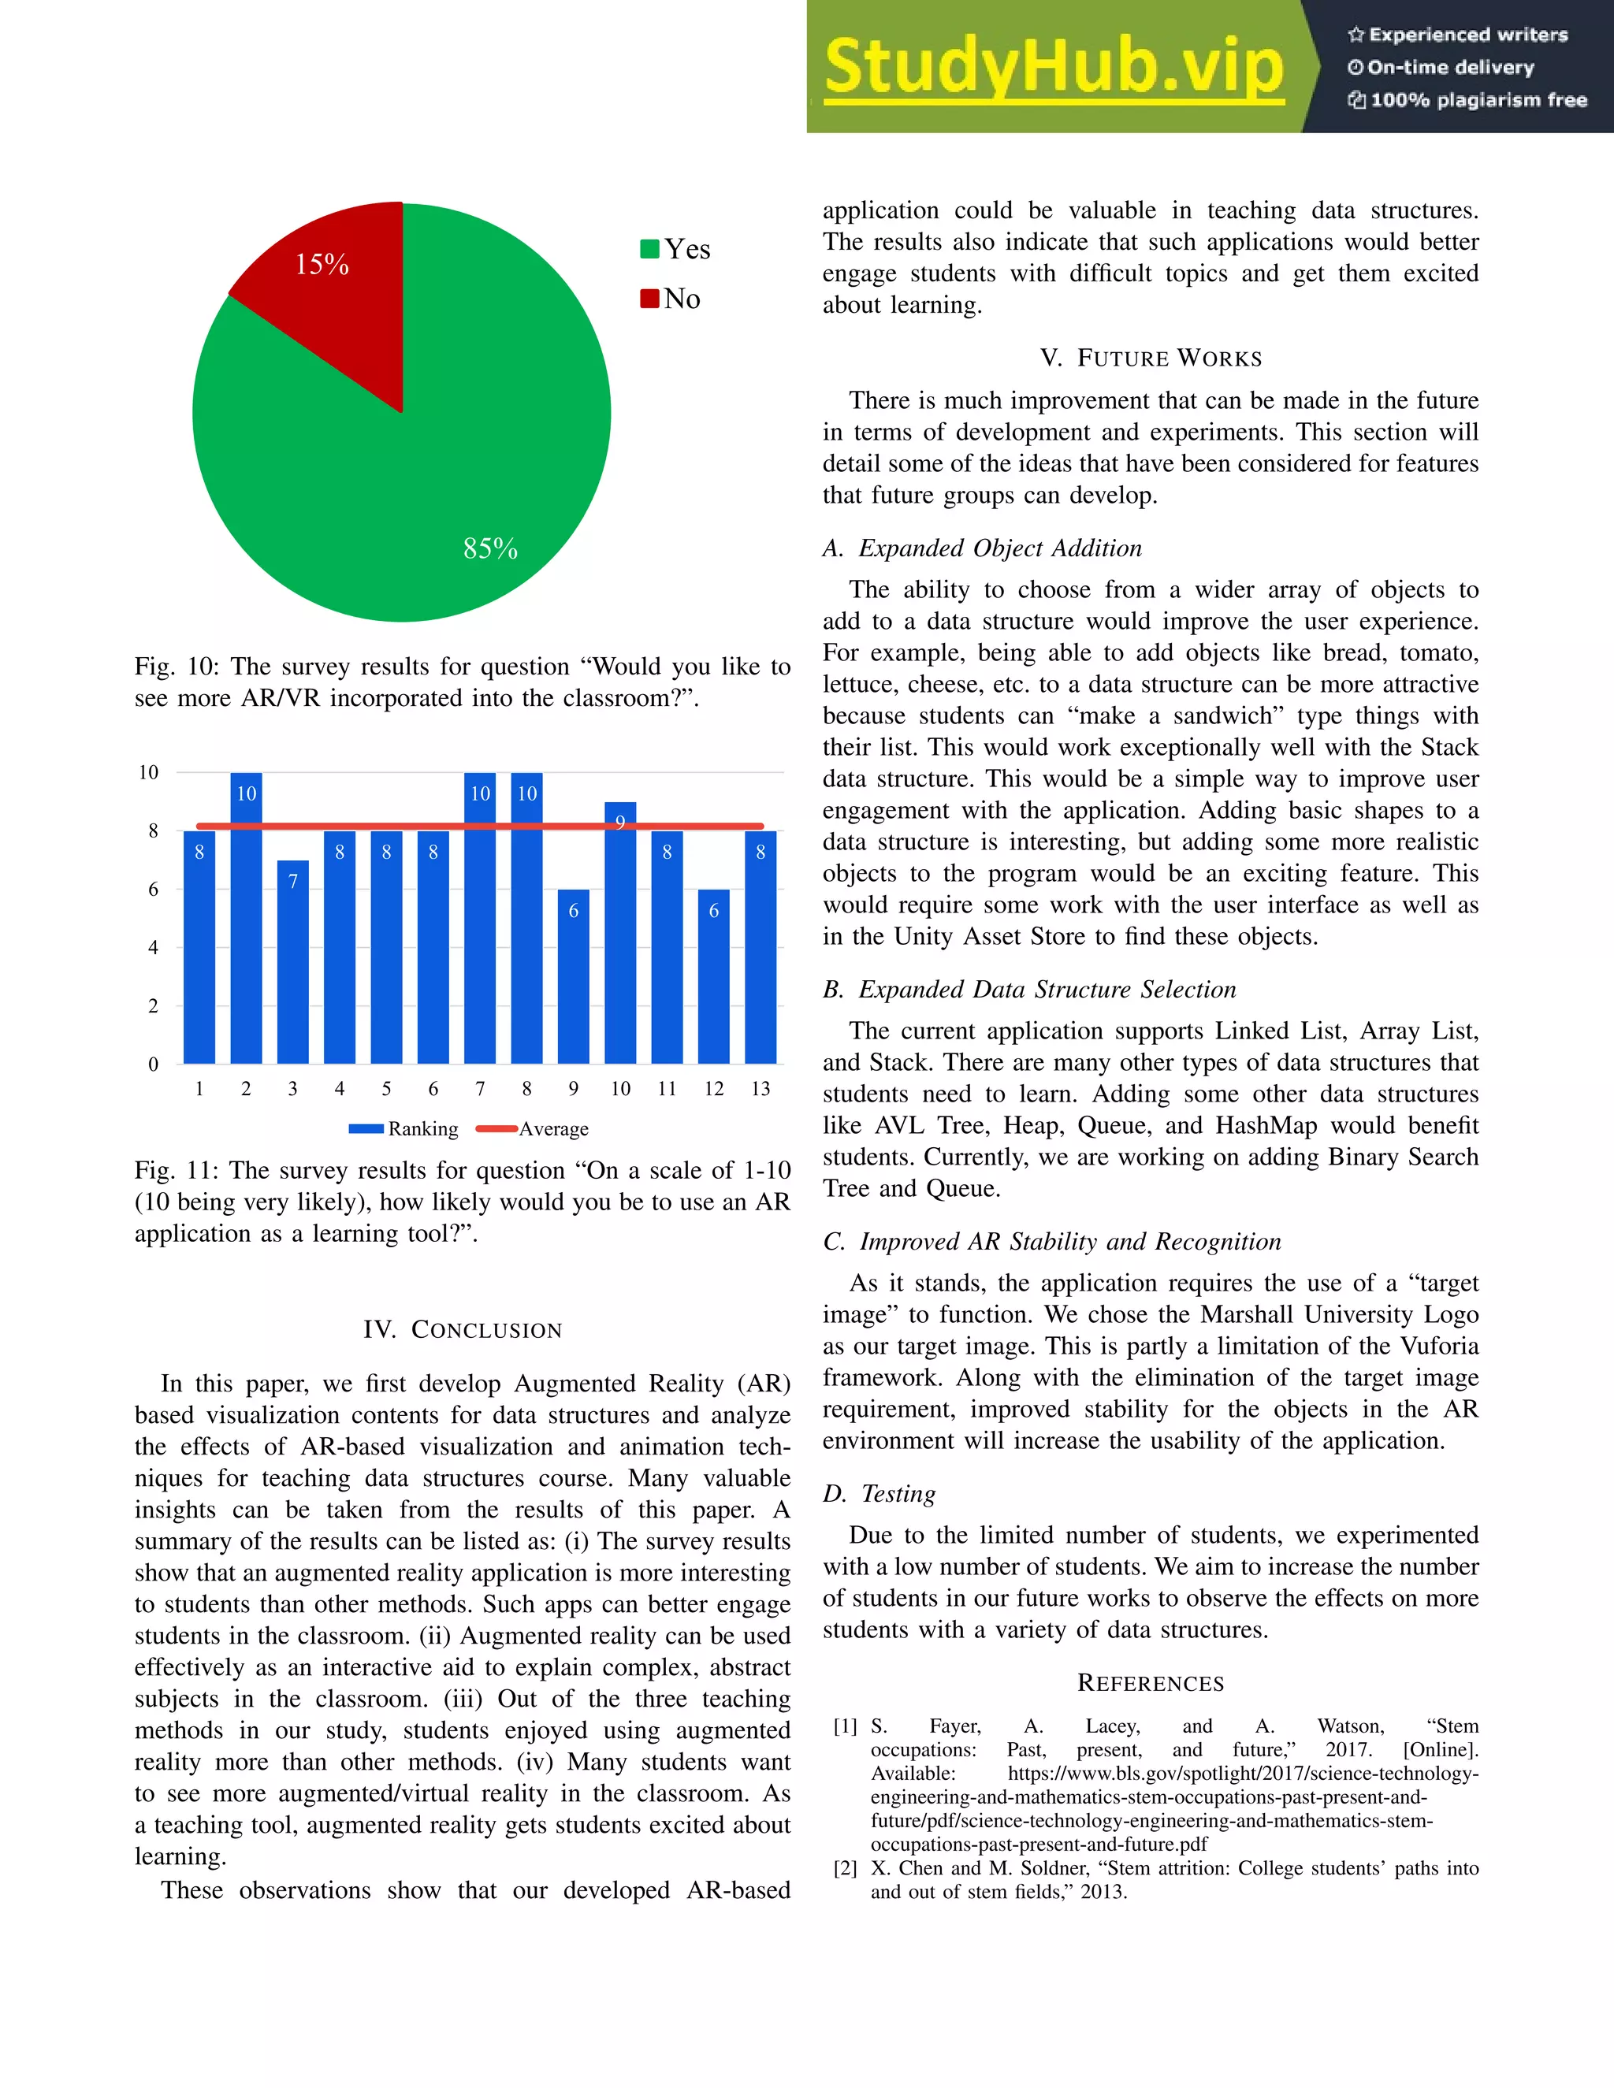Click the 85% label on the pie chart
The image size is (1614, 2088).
coord(489,548)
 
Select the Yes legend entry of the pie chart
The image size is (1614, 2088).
coord(675,250)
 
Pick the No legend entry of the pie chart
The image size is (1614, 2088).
coord(671,299)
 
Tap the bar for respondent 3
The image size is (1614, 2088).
coord(292,966)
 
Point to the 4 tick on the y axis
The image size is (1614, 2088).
coord(153,947)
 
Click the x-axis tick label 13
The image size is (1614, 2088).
coord(761,1089)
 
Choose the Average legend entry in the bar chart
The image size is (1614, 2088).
coord(533,1129)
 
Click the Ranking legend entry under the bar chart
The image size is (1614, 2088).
coord(404,1129)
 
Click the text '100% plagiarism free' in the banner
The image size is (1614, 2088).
coord(1467,100)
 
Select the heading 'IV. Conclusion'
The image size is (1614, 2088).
coord(462,1330)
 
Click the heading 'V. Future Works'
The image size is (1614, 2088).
coord(1151,359)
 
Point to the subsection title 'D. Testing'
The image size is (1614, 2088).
coord(879,1493)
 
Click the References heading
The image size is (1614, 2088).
coord(1151,1684)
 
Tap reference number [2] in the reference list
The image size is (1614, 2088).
coord(844,1868)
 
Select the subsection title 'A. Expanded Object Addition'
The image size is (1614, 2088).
coord(982,548)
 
